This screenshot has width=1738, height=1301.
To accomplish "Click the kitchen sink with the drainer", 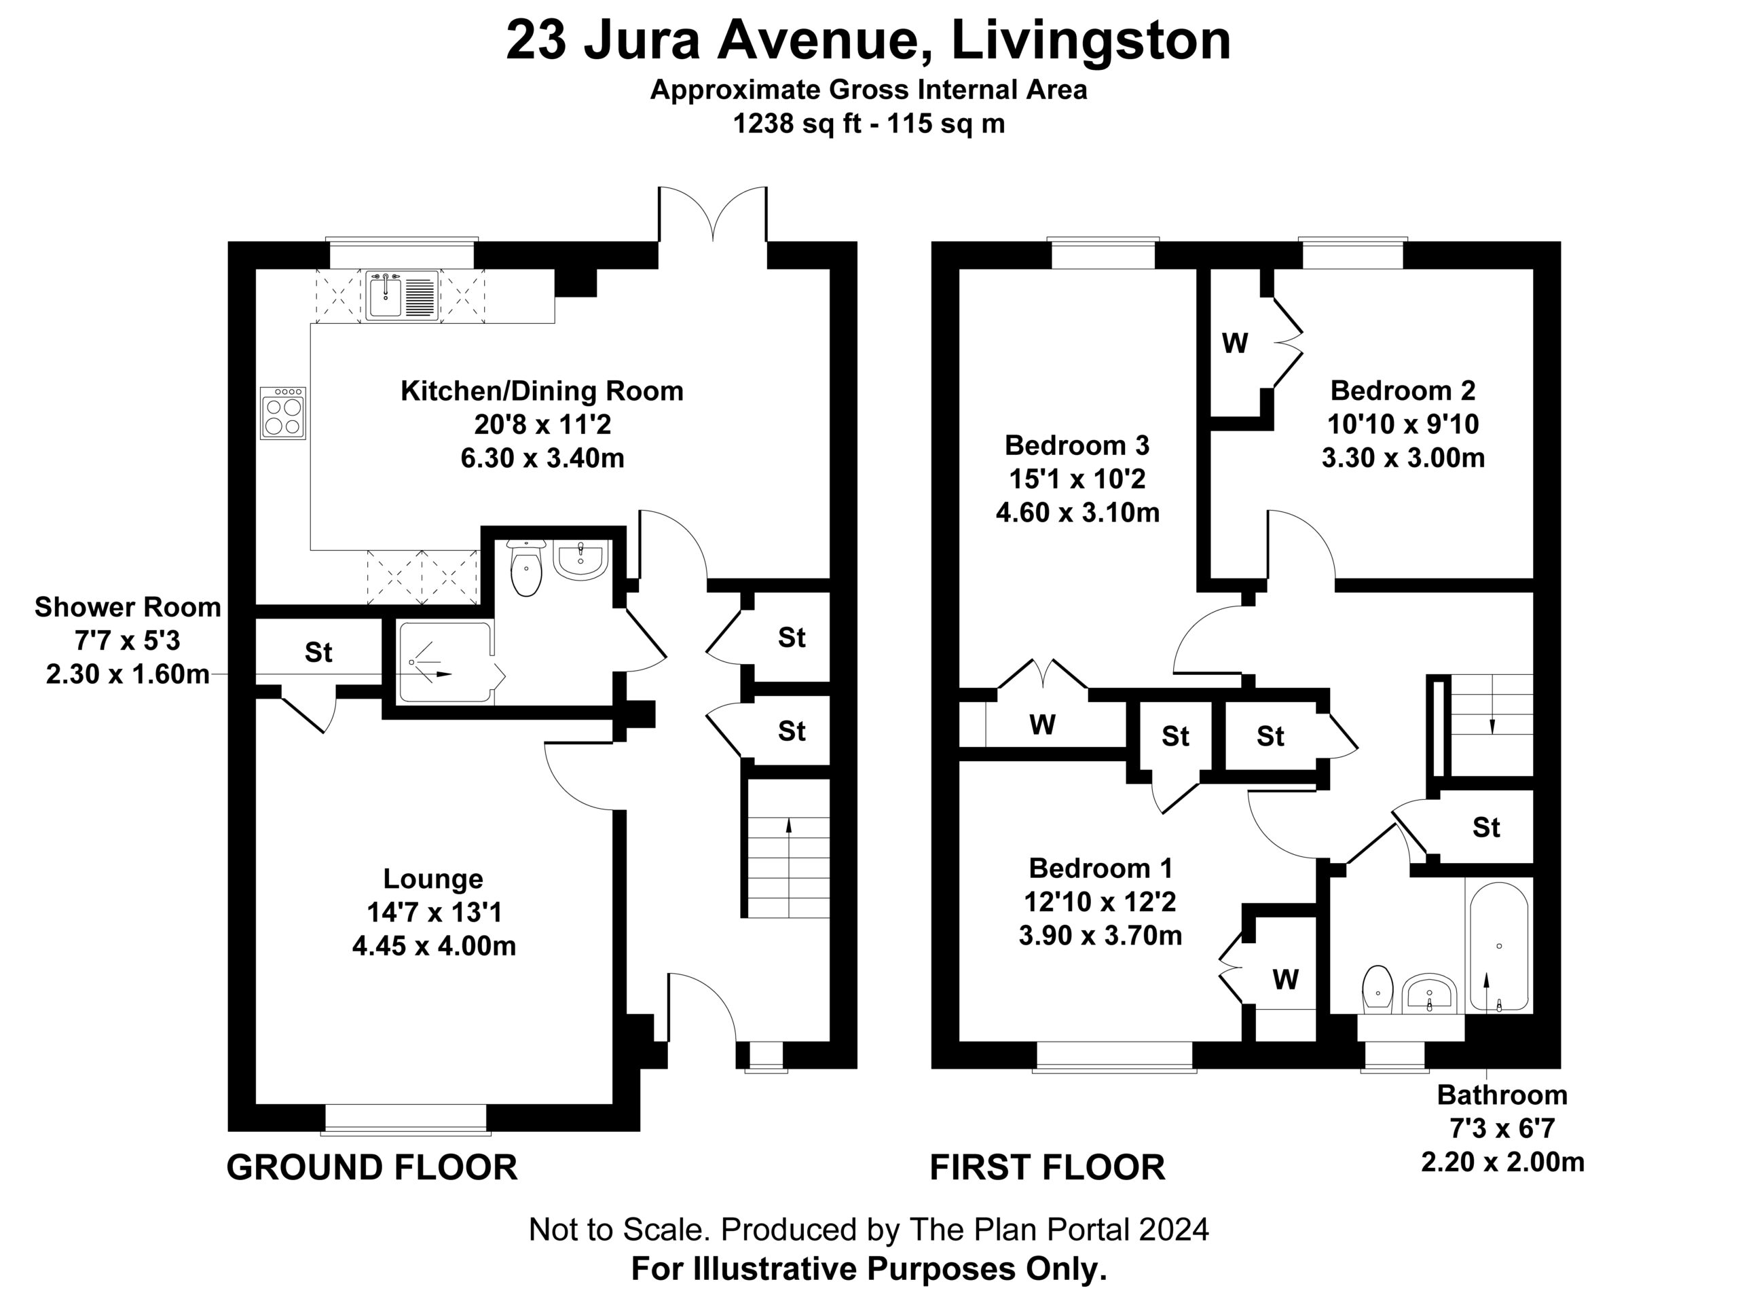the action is (401, 295).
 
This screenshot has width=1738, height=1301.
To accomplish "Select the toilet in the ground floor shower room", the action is (526, 566).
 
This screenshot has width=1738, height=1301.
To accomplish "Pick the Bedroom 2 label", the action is (1403, 390).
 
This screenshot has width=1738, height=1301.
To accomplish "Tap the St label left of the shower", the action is (318, 651).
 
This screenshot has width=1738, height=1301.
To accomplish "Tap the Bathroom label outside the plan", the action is (1502, 1095).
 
